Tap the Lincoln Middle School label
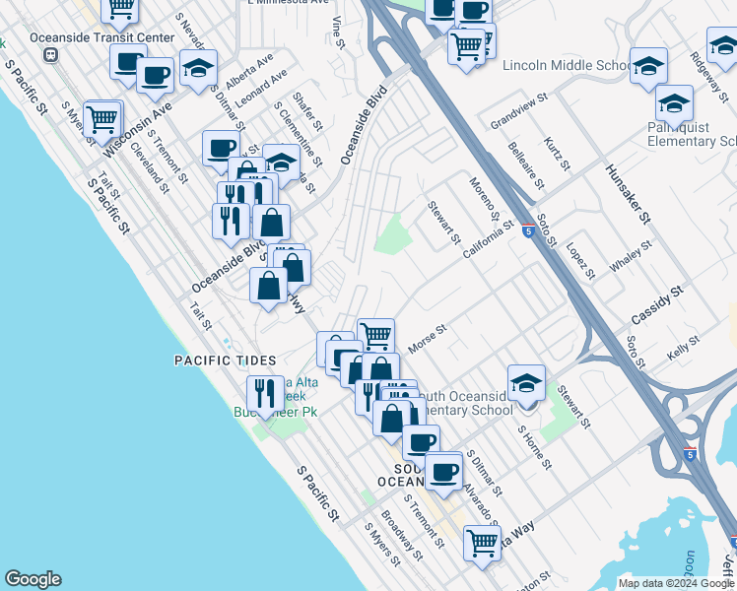click(x=565, y=66)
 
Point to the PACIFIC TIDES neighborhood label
click(x=225, y=361)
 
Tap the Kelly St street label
click(x=683, y=346)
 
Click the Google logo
click(x=33, y=579)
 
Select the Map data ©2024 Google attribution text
click(x=676, y=583)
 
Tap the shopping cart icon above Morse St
click(x=375, y=335)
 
